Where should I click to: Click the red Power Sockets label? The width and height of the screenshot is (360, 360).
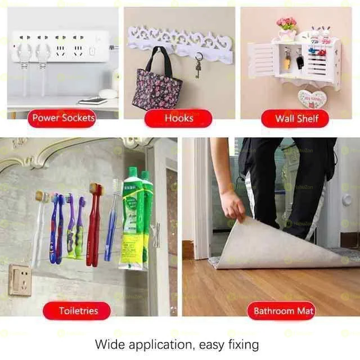click(63, 118)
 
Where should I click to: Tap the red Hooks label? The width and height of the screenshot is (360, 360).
click(178, 118)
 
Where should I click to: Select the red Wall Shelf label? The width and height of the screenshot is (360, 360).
click(296, 118)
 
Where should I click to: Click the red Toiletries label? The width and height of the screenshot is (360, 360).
click(78, 310)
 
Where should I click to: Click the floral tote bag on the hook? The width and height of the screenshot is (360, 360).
click(157, 87)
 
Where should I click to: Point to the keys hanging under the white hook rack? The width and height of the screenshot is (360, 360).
click(198, 66)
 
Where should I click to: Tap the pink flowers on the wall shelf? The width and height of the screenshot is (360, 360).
click(286, 24)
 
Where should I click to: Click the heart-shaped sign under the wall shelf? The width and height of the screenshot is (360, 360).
click(312, 99)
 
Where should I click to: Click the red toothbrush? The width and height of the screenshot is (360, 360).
click(94, 225)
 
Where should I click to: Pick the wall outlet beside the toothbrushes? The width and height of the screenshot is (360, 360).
click(20, 280)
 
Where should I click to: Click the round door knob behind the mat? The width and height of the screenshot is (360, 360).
click(346, 199)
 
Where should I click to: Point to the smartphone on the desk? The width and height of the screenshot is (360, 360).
click(92, 101)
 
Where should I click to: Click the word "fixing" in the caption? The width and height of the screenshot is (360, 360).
click(242, 344)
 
